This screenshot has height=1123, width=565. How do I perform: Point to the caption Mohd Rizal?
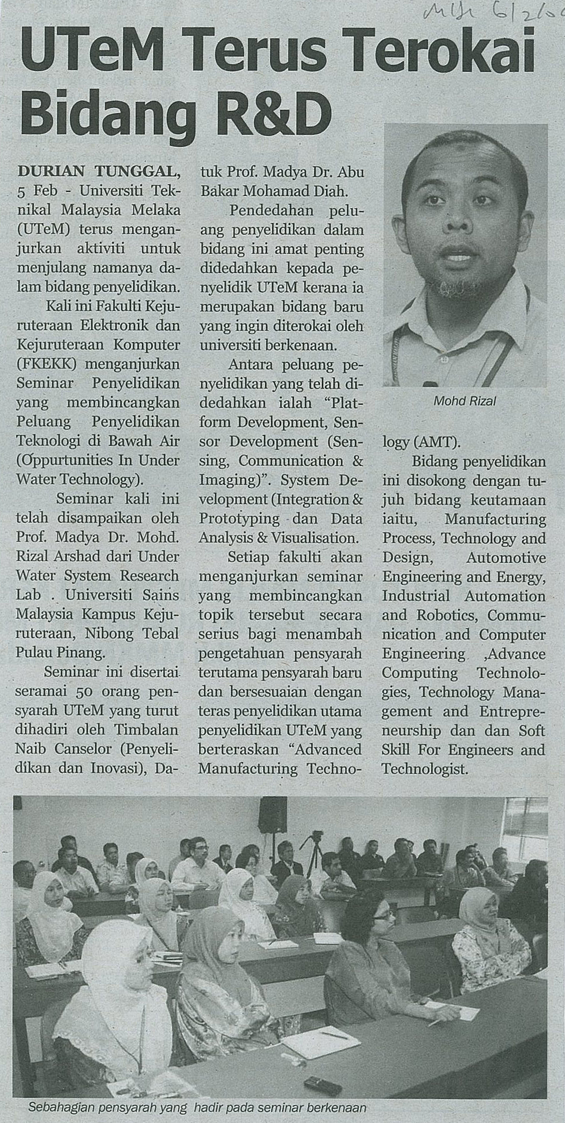[464, 401]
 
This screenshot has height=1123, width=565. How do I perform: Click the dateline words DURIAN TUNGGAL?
[99, 171]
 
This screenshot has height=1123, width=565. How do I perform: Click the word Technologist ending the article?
[424, 769]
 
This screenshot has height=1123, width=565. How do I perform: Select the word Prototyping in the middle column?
[239, 519]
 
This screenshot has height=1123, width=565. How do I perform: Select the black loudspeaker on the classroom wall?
[272, 814]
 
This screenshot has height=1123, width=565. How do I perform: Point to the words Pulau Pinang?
[61, 653]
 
